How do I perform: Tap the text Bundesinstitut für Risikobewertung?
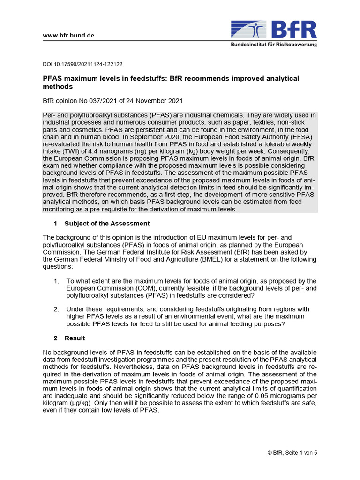[x=273, y=45]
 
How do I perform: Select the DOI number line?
[x=82, y=64]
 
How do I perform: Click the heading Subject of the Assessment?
[x=107, y=223]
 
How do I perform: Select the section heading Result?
[x=75, y=338]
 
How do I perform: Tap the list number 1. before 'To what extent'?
[x=56, y=281]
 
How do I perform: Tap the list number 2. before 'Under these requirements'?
[x=56, y=309]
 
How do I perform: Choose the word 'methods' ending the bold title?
[x=58, y=87]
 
